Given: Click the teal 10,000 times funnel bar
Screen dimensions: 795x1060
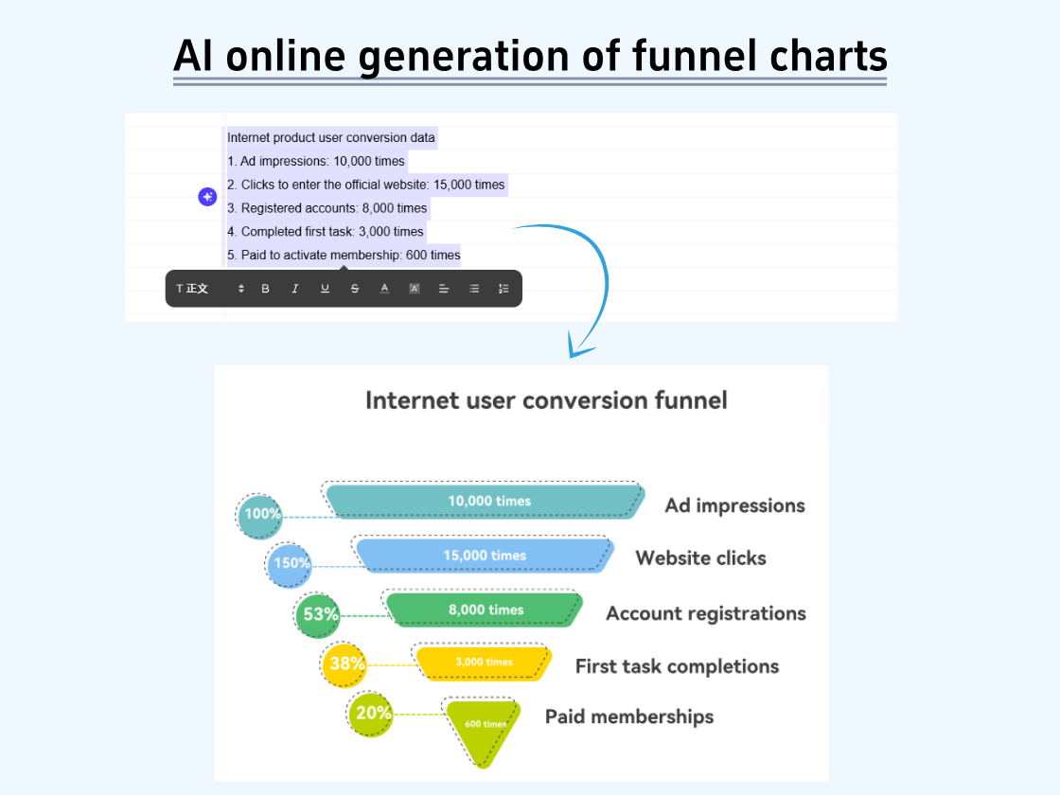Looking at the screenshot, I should coord(487,501).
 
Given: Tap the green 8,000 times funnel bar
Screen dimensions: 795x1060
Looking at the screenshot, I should coord(486,609).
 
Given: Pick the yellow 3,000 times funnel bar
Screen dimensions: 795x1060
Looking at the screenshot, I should coord(484,662).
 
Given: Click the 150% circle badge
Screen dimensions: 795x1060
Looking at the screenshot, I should coord(289,563).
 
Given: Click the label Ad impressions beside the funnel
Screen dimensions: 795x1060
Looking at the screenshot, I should coord(734,505).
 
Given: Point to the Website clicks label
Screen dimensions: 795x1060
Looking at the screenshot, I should coord(700,557).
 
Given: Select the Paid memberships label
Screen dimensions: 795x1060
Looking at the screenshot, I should coord(629,716).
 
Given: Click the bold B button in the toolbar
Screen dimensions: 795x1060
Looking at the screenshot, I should coord(265,289).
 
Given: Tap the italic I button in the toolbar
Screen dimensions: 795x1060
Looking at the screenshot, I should coord(295,289).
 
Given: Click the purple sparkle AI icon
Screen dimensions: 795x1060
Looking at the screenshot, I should coord(207,197).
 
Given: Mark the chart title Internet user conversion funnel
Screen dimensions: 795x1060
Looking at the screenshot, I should coord(546,400).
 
